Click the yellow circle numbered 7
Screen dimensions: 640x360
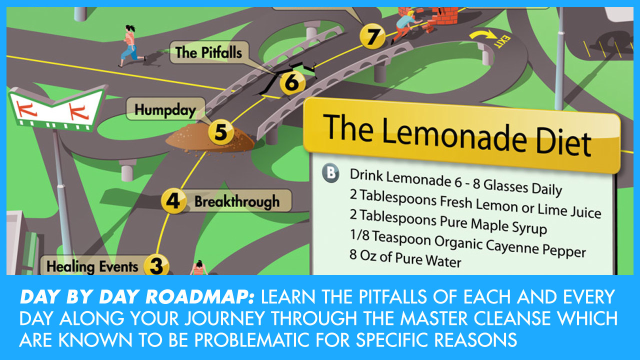372,36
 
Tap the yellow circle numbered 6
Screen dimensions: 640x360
292,83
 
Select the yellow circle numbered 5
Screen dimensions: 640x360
221,132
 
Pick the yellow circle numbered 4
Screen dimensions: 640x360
173,201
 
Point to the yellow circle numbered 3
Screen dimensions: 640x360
156,265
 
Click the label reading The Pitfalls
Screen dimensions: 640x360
209,52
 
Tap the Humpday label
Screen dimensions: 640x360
165,109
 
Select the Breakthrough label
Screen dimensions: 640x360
237,201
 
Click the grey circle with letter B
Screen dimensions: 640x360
330,173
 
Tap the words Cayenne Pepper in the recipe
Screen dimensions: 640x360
535,247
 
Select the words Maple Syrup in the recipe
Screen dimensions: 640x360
508,225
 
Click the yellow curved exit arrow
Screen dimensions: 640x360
483,35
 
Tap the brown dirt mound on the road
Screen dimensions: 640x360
210,139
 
